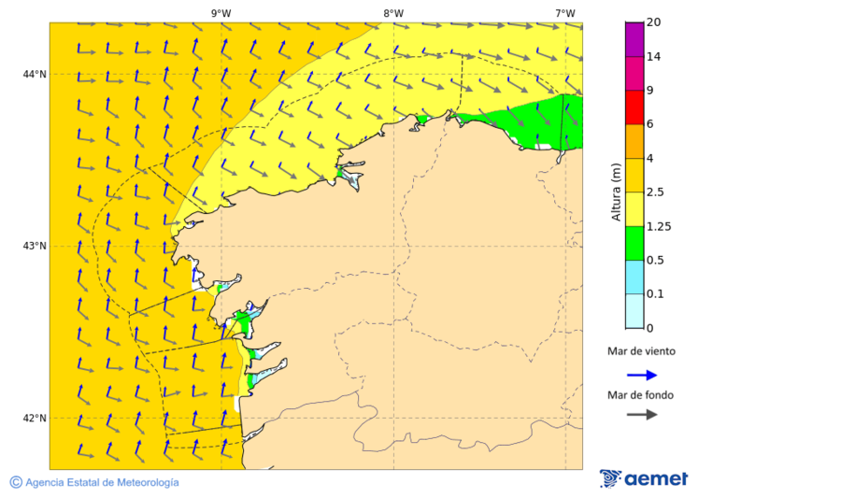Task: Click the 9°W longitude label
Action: pos(221,13)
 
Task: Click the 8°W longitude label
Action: pos(393,13)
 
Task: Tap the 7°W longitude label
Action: pos(565,13)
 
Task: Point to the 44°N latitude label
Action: pos(35,74)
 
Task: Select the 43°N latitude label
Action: pos(35,246)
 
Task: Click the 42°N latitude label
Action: pos(35,418)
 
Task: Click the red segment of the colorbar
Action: pos(634,107)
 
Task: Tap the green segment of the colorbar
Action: pos(634,243)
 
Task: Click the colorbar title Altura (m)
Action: pos(616,192)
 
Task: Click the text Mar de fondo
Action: pos(640,394)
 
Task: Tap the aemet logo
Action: pos(644,478)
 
